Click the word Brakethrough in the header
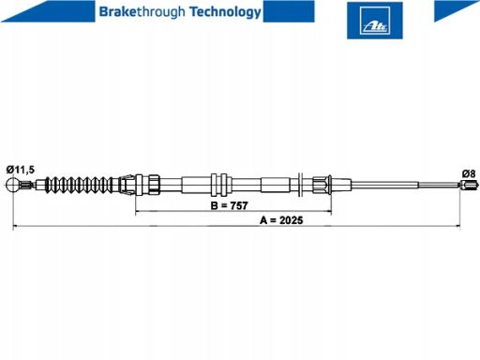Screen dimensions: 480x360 point(142,12)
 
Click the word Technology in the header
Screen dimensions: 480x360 point(225,12)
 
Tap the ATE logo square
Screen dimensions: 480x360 point(375,21)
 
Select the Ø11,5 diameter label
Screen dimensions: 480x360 point(21,170)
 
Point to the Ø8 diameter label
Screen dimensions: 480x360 point(469,173)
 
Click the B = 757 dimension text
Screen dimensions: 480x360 point(230,205)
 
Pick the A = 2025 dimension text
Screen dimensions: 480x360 point(281,220)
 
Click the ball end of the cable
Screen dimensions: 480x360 point(13,185)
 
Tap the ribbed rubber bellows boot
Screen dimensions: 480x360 point(82,185)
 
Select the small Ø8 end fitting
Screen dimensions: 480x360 point(469,185)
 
